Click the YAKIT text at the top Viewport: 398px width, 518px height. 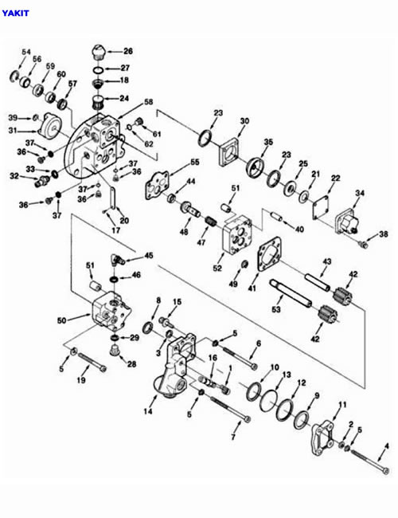click(x=15, y=14)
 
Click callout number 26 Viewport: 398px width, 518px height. click(x=128, y=51)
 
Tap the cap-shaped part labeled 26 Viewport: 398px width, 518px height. click(x=98, y=52)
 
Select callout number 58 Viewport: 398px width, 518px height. click(x=149, y=102)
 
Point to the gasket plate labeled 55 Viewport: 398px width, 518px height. click(x=157, y=186)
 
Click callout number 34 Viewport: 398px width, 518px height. click(x=359, y=193)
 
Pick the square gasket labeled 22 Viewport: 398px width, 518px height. click(x=321, y=208)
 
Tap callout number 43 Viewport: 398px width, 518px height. click(x=326, y=261)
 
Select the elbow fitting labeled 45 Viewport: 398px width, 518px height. click(x=116, y=260)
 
